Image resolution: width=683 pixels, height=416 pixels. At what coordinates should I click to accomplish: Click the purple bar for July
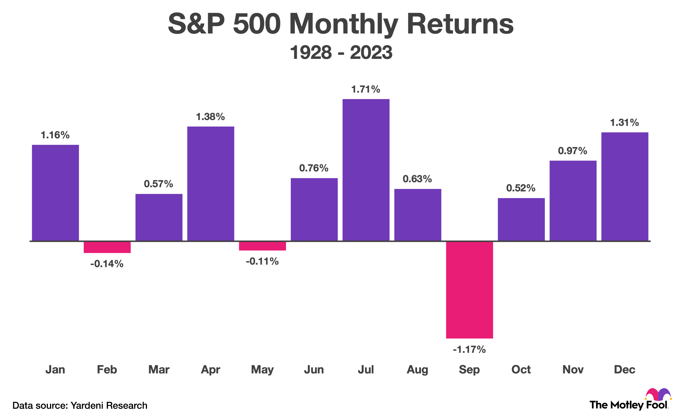click(366, 170)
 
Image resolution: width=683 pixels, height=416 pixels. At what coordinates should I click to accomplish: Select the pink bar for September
click(469, 290)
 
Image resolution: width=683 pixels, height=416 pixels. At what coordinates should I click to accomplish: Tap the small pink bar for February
click(107, 247)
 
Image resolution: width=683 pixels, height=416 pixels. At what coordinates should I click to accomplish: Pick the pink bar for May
click(262, 246)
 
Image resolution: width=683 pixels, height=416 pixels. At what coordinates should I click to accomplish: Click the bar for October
click(521, 219)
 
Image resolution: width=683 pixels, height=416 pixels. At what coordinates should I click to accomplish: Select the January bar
click(55, 193)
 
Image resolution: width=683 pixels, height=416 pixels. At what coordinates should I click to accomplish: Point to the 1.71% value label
click(366, 89)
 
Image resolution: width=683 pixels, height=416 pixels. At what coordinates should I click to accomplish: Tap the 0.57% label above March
click(158, 184)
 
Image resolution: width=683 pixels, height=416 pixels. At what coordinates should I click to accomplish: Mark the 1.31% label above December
click(625, 123)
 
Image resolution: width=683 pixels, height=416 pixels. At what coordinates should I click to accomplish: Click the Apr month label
click(210, 370)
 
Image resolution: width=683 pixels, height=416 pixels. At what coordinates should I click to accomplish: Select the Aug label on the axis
click(417, 370)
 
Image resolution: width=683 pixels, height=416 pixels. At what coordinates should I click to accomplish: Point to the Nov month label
click(573, 370)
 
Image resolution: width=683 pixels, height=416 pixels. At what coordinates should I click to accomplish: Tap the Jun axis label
click(314, 370)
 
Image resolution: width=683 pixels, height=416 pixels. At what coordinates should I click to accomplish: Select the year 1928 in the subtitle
click(311, 52)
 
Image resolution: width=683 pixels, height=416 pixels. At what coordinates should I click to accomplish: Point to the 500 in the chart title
click(257, 24)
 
